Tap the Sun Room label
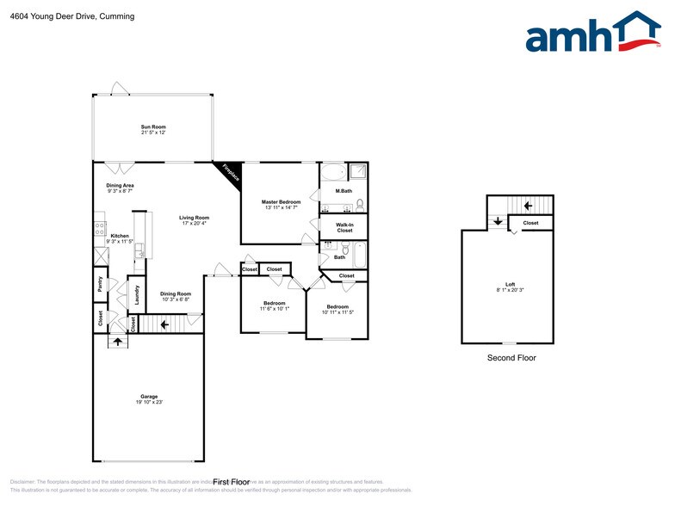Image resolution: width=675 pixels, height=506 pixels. [153, 126]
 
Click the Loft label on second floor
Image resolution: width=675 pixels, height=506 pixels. [510, 285]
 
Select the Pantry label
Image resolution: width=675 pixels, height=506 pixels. [100, 285]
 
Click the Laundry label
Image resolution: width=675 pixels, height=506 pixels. [136, 295]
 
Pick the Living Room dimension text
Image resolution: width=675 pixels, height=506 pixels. [194, 223]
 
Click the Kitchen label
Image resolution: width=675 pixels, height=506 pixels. [120, 236]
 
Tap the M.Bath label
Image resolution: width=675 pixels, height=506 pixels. [344, 190]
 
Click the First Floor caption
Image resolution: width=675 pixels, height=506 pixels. [230, 482]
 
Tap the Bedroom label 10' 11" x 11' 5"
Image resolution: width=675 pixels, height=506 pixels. [337, 307]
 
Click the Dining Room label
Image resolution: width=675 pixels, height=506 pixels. [176, 293]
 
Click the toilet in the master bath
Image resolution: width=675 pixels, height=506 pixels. [360, 204]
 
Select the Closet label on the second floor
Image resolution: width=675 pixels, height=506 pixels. [530, 223]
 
